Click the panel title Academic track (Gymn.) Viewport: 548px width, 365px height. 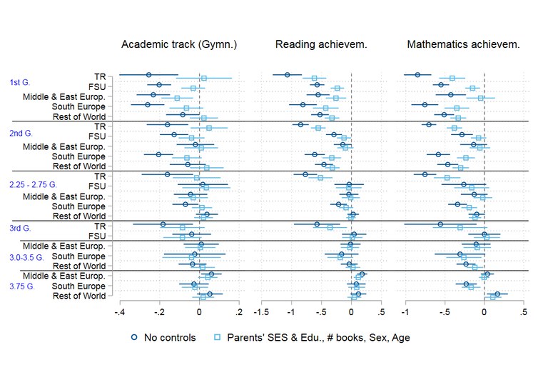click(x=178, y=44)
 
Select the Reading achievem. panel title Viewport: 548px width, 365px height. click(x=321, y=44)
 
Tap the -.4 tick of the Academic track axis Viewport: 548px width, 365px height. click(x=119, y=312)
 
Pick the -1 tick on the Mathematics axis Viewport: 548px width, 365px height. click(x=405, y=312)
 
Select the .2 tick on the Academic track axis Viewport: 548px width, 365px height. click(x=239, y=312)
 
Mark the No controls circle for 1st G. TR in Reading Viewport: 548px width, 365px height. click(x=288, y=74)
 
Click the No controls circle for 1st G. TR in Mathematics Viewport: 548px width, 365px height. click(x=417, y=74)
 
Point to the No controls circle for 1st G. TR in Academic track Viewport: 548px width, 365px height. click(x=148, y=74)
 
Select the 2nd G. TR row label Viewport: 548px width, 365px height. click(x=99, y=126)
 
